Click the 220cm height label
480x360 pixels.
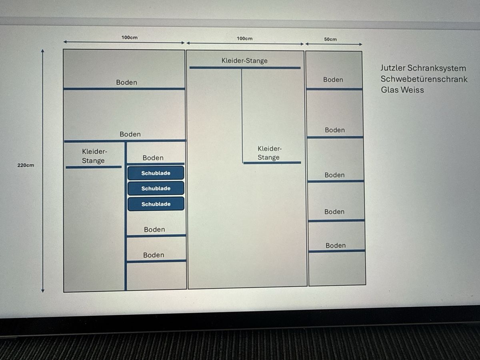(x=26, y=165)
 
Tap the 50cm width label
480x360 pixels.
(x=330, y=39)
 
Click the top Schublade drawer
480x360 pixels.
(x=156, y=173)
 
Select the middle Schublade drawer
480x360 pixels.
(x=156, y=188)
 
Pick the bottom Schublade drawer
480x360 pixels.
(x=156, y=204)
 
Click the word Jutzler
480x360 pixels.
(x=393, y=68)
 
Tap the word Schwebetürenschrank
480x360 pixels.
(x=424, y=79)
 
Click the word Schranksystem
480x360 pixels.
(x=437, y=68)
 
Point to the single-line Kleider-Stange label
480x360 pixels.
(x=244, y=60)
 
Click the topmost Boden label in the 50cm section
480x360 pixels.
(x=333, y=80)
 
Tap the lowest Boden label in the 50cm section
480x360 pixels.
(x=336, y=246)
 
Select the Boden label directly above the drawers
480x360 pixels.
(x=153, y=158)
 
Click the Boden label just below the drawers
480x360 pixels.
(x=154, y=230)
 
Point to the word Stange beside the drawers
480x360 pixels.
(x=93, y=161)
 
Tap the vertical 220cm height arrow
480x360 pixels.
(x=43, y=171)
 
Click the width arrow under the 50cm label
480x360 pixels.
(x=334, y=44)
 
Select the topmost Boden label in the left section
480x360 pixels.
(x=127, y=82)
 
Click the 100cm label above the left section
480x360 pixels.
(x=130, y=38)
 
